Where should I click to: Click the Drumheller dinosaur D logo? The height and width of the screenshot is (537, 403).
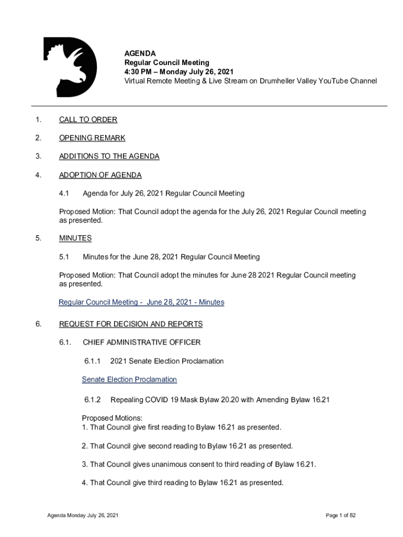click(69, 67)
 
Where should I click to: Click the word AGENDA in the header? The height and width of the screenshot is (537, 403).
click(140, 53)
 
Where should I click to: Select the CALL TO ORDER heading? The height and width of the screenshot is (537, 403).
click(88, 120)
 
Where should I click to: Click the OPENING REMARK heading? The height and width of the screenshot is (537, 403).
click(92, 138)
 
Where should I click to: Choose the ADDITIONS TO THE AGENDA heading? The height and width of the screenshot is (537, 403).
click(109, 156)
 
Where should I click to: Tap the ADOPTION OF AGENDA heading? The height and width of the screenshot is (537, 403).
click(100, 175)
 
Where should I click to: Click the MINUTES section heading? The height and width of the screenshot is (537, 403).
click(75, 238)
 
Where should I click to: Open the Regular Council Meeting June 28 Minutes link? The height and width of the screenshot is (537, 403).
click(141, 302)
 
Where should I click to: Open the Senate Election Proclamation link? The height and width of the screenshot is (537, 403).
click(129, 379)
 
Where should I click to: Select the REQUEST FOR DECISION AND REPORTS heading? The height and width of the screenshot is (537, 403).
click(131, 324)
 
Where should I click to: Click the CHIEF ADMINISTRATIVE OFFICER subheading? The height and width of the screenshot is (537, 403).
click(141, 342)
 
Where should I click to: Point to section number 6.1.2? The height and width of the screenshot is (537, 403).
click(92, 400)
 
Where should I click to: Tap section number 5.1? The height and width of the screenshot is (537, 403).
click(64, 257)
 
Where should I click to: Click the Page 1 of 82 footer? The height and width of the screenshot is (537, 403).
click(340, 515)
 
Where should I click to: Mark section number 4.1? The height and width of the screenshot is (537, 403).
click(64, 194)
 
